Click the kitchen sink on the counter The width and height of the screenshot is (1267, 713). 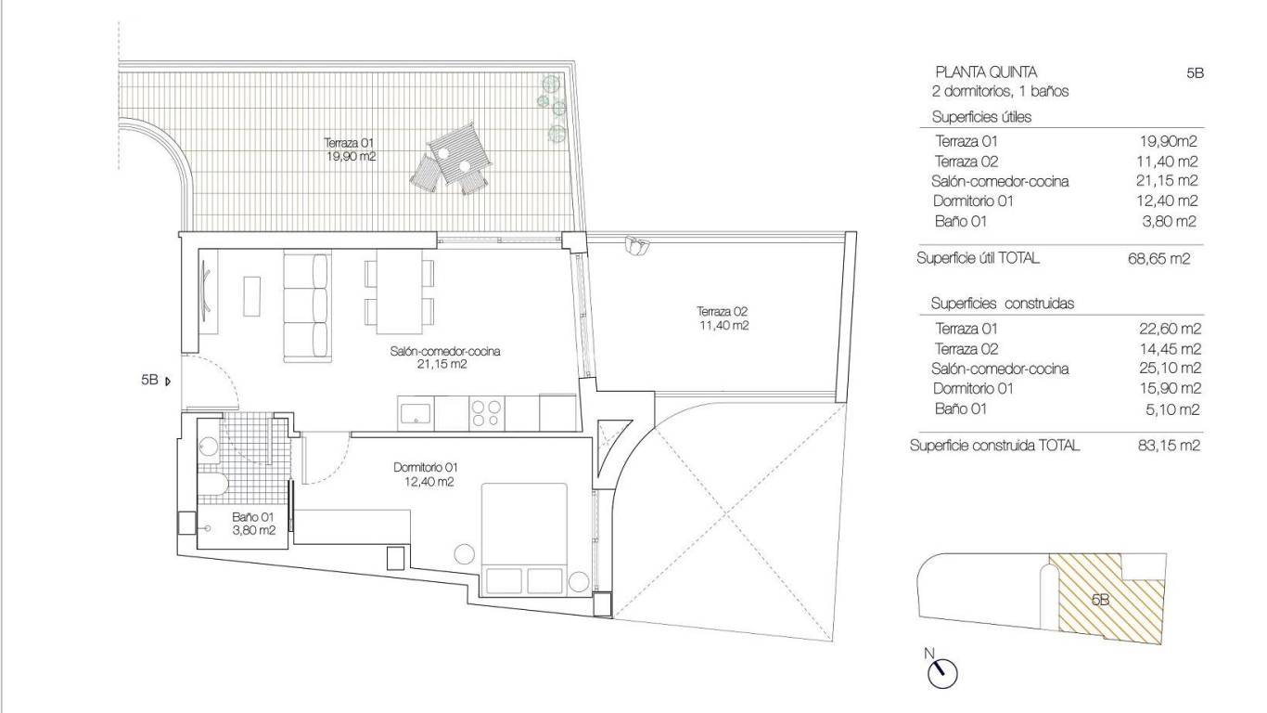pos(416,413)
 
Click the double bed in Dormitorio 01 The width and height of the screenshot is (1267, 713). pos(524,538)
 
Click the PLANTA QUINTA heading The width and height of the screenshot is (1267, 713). pos(985,71)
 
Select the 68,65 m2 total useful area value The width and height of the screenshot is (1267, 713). pos(1158,259)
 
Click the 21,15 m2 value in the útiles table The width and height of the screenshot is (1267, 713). pos(1167,181)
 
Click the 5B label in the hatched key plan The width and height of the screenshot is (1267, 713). pos(1100,600)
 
